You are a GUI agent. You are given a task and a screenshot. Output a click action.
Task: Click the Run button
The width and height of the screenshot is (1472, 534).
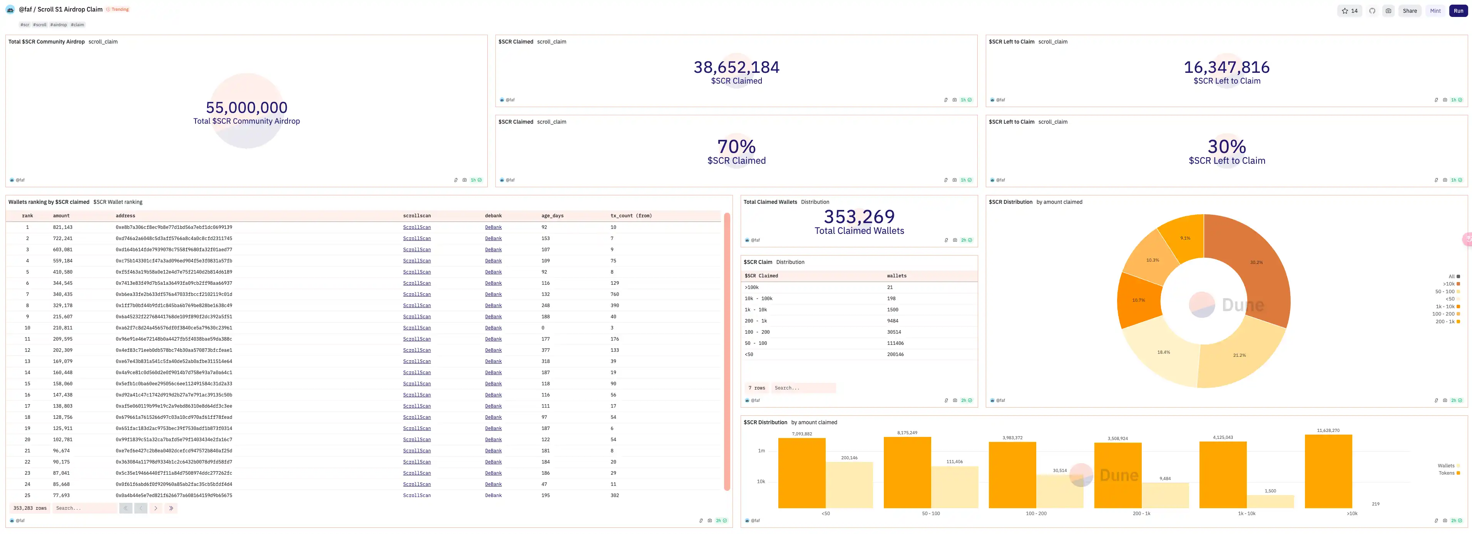point(1458,11)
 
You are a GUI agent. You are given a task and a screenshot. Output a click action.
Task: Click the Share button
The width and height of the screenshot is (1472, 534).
point(1409,11)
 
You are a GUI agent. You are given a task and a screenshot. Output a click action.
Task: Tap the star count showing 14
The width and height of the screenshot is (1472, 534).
point(1349,11)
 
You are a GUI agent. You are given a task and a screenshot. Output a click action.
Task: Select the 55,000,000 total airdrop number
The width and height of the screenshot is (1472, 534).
point(246,107)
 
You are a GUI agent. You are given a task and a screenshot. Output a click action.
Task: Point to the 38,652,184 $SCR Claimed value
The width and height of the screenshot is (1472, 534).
point(736,67)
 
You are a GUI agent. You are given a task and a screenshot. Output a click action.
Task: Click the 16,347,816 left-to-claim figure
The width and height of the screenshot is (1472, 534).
point(1226,67)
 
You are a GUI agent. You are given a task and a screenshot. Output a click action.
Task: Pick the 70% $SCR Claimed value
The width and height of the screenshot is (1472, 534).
point(736,147)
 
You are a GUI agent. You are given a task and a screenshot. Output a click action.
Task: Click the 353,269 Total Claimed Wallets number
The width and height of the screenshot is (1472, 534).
point(859,217)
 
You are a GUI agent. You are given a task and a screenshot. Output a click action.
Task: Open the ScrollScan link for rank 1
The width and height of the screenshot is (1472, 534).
point(417,228)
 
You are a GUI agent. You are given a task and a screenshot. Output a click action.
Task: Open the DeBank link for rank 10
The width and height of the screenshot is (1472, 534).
point(493,328)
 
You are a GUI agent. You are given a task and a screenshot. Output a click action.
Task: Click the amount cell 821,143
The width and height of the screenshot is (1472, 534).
point(63,228)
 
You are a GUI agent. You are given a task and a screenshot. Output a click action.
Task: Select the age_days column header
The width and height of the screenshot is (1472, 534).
point(552,216)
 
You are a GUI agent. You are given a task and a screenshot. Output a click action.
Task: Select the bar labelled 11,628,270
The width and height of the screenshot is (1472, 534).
point(1328,472)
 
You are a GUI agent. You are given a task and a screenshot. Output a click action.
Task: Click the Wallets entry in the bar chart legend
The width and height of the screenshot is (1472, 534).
point(1446,466)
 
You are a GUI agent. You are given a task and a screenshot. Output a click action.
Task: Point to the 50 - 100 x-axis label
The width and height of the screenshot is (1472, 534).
point(930,514)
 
